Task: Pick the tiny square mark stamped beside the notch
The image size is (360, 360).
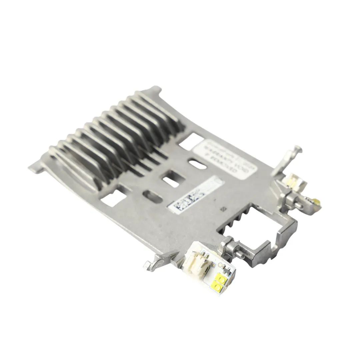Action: (x=222, y=209)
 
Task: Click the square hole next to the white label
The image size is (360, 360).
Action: (x=191, y=141)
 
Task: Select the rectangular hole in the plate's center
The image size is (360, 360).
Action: (x=172, y=179)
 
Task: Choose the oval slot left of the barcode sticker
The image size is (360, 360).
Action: (x=152, y=197)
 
